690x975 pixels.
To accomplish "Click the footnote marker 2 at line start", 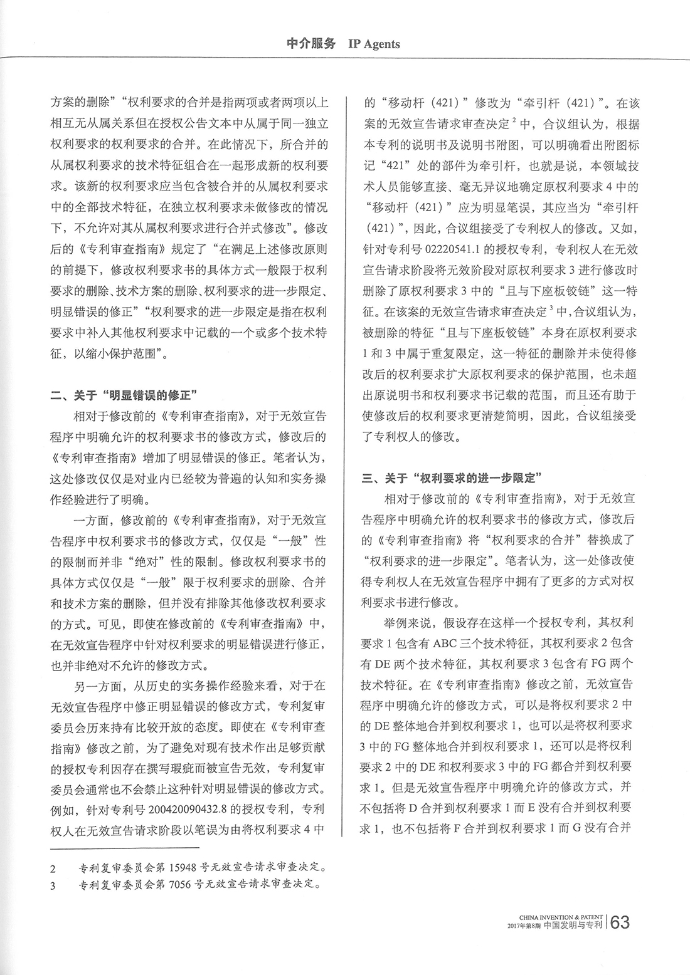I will pyautogui.click(x=53, y=870).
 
